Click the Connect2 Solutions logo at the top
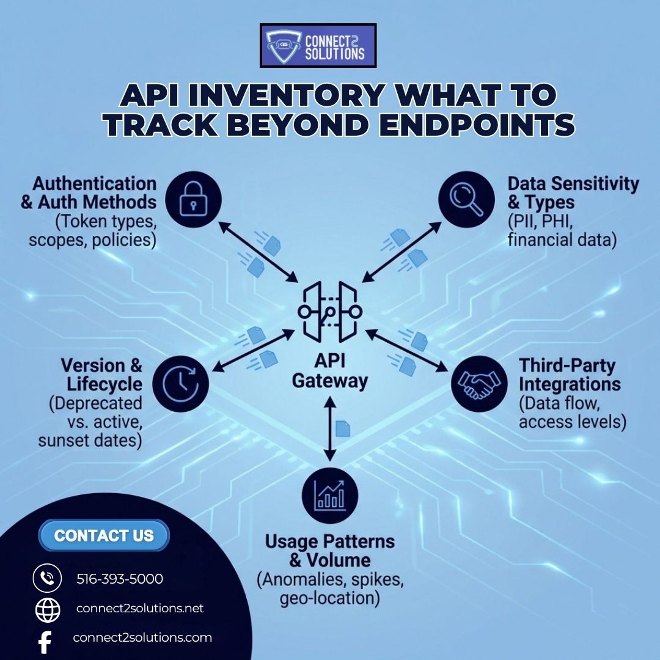[318, 45]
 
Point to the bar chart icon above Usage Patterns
[330, 494]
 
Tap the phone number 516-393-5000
[120, 579]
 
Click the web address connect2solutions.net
[140, 609]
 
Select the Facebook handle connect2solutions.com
[142, 637]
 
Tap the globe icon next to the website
[48, 610]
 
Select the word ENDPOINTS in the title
[472, 125]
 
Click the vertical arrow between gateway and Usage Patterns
[330, 428]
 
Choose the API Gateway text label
[330, 370]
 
